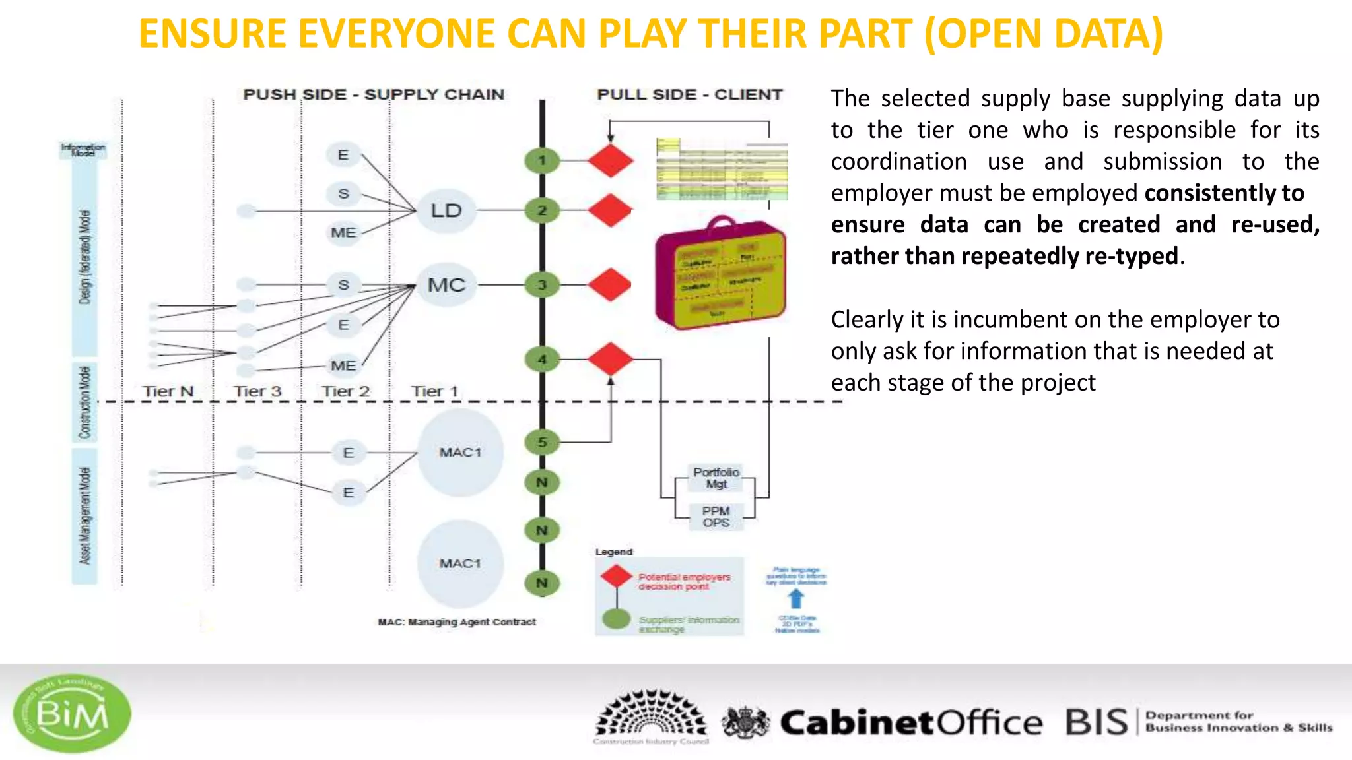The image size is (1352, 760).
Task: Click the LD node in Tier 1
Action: [x=446, y=211]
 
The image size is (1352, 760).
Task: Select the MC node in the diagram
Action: [x=447, y=285]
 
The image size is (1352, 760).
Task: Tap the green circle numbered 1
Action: [x=542, y=160]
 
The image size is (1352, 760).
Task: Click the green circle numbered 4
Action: [x=542, y=360]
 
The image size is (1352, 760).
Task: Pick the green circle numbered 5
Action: [x=542, y=442]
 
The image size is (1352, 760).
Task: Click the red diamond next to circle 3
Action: [x=610, y=285]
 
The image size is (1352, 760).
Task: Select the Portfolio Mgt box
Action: [x=716, y=478]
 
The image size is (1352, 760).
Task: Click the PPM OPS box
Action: [x=716, y=517]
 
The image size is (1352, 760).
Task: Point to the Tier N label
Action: [x=168, y=391]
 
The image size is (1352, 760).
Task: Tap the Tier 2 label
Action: [x=345, y=391]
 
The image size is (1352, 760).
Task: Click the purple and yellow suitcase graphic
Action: [x=720, y=274]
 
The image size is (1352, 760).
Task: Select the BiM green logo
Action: [x=72, y=713]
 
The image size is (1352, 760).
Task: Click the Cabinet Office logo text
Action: [x=911, y=722]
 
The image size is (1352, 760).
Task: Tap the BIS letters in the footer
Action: [x=1097, y=722]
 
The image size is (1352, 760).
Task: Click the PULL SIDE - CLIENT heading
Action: [x=689, y=94]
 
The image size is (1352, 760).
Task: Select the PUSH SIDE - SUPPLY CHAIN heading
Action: [x=374, y=94]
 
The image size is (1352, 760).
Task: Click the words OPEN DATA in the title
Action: [x=1043, y=34]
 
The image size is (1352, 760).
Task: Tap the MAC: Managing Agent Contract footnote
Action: [x=457, y=622]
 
